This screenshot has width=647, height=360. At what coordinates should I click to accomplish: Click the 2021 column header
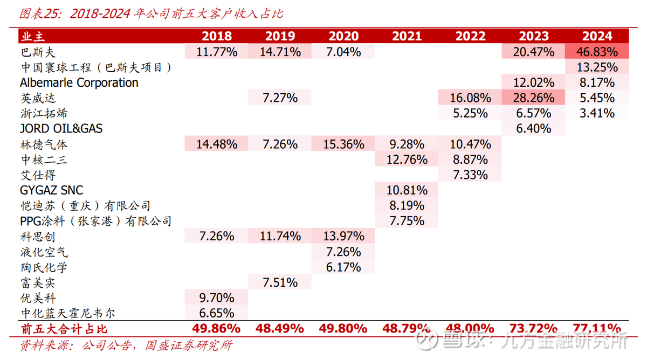click(407, 36)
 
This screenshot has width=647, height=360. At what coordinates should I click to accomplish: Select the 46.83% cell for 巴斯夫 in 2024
click(597, 52)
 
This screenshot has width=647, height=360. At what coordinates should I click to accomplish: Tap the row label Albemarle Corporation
click(79, 82)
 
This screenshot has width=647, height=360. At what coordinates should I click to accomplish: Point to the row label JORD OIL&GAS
click(61, 129)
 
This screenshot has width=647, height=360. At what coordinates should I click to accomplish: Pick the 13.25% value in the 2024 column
click(597, 67)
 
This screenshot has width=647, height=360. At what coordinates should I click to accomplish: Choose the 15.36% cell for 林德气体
click(343, 144)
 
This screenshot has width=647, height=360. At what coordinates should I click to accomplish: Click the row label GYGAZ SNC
click(52, 190)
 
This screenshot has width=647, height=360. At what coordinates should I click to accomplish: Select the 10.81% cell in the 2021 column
click(407, 190)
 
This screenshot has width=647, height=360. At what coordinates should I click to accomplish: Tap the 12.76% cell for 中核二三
click(407, 160)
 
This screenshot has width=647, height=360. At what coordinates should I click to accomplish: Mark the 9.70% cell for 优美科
click(217, 297)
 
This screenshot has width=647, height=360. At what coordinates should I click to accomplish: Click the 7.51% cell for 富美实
click(280, 282)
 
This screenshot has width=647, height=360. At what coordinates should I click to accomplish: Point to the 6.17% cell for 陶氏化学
click(343, 267)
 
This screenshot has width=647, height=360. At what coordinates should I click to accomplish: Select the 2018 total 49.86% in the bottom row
click(217, 328)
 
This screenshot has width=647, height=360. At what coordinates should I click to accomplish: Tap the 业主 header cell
click(33, 36)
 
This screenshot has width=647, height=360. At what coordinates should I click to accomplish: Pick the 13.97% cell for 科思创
click(343, 236)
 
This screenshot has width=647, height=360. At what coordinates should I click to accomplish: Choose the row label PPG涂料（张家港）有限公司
click(95, 221)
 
